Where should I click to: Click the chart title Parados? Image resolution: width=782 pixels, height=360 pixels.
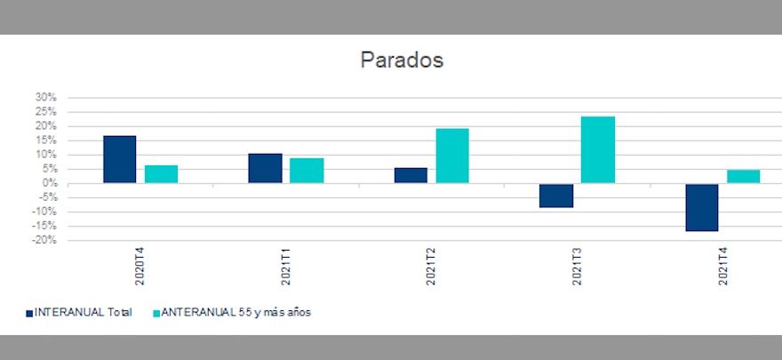402,60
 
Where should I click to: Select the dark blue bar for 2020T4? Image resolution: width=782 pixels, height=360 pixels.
120,159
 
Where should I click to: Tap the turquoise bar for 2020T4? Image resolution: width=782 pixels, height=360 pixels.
161,174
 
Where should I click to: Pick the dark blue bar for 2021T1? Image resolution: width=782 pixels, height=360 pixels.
265,168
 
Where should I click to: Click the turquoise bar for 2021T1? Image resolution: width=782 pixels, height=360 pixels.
307,171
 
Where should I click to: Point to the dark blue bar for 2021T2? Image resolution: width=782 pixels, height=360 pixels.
411,175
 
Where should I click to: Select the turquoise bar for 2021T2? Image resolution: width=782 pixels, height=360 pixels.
452,156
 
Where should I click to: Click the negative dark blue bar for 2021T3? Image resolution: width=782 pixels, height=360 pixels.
556,196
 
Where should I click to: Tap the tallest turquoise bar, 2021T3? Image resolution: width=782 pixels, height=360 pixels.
598,149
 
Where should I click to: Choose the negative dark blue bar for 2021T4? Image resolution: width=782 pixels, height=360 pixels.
702,207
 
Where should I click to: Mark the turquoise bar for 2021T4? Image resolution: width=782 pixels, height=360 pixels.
743,176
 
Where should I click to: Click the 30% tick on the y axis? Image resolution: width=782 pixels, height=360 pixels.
45,97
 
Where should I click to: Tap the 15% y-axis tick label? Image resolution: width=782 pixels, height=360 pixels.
45,140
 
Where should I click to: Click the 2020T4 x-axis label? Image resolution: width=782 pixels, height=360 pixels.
140,267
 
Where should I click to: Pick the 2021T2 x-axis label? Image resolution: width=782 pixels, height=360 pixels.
431,267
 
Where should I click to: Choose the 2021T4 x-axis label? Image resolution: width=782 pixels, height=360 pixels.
722,267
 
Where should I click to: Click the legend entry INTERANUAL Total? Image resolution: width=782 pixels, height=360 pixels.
83,312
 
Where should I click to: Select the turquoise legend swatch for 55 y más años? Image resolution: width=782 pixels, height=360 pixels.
158,313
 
